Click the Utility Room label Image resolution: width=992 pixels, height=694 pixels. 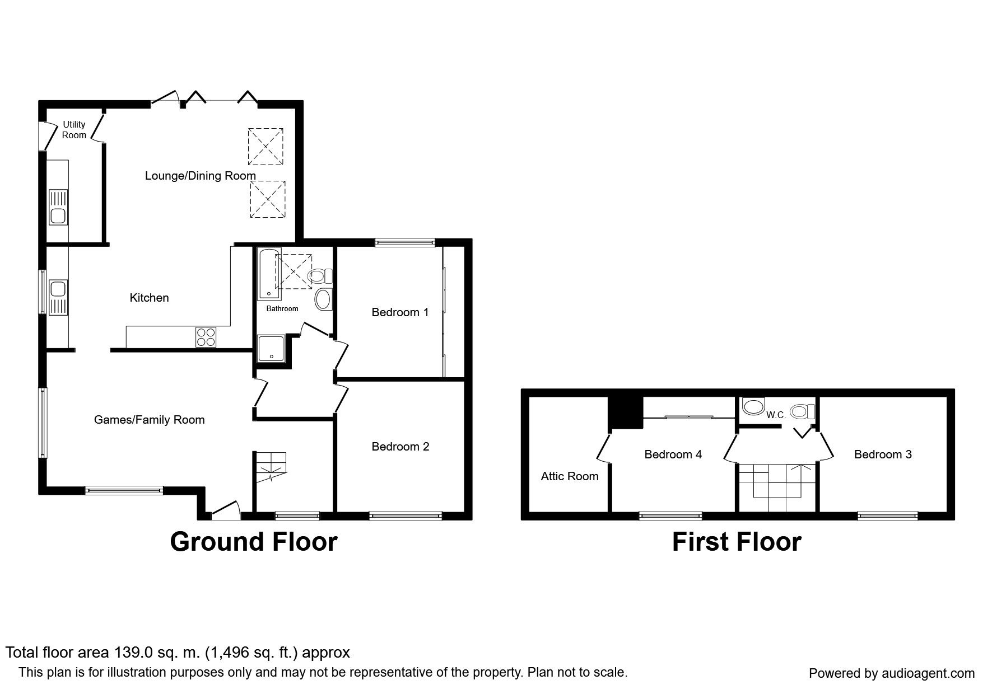click(x=74, y=130)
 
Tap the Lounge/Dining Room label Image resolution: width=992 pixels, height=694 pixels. click(x=201, y=176)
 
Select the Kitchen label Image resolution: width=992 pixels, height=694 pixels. click(x=149, y=298)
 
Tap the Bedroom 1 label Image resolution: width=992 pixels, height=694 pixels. click(x=400, y=312)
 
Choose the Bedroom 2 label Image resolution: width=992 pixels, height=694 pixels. click(x=400, y=447)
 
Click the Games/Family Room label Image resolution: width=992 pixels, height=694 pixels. click(x=149, y=420)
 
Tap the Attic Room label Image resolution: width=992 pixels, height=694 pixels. click(x=570, y=476)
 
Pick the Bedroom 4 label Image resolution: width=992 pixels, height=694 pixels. click(x=673, y=454)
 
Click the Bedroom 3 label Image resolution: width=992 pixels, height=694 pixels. click(x=883, y=454)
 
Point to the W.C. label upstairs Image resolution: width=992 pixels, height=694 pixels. click(x=776, y=415)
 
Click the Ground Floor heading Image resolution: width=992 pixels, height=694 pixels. click(x=254, y=542)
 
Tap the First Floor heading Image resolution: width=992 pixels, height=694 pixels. click(x=737, y=542)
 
